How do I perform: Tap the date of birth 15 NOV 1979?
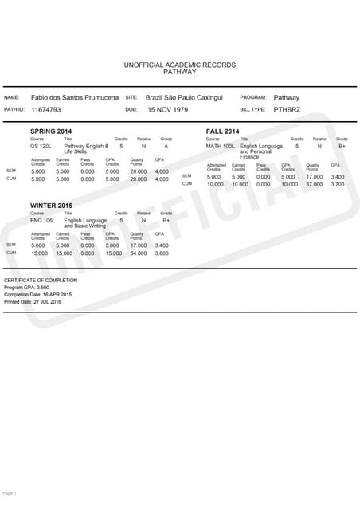pos(167,108)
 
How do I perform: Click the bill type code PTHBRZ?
pos(288,108)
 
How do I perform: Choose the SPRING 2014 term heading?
pos(51,131)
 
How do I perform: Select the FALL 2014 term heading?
pos(222,131)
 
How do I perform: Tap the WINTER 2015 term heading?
pos(52,205)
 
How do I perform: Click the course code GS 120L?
pos(40,147)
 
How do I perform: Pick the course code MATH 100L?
pos(220,147)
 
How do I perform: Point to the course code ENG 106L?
pos(41,220)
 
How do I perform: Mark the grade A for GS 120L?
pos(166,147)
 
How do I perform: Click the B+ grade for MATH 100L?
pos(342,147)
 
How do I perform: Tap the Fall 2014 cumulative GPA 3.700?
pos(337,184)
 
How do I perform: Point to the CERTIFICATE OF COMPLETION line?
pos(41,280)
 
